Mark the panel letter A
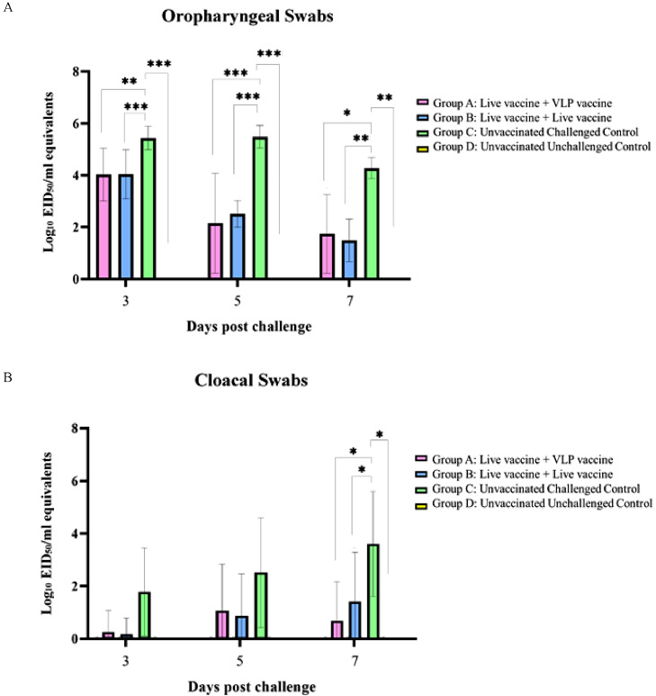coord(6,6)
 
